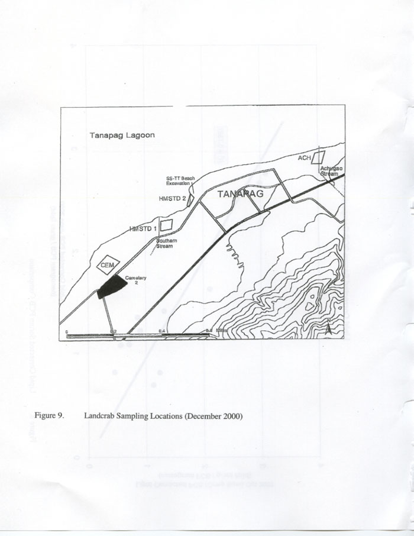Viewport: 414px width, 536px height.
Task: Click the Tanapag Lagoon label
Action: pyautogui.click(x=122, y=135)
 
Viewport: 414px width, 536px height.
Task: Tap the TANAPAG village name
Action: pyautogui.click(x=240, y=193)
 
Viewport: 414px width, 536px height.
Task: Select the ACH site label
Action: pyautogui.click(x=304, y=158)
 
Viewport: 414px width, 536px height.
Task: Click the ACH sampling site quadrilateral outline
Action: pyautogui.click(x=319, y=157)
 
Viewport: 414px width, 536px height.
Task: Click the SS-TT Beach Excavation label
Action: pyautogui.click(x=180, y=180)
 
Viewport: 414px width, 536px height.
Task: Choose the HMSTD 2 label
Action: pyautogui.click(x=173, y=199)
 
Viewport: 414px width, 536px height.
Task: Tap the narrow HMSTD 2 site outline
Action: pyautogui.click(x=192, y=199)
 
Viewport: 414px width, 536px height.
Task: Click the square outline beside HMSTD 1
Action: pyautogui.click(x=166, y=225)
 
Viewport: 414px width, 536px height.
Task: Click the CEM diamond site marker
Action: pyautogui.click(x=108, y=266)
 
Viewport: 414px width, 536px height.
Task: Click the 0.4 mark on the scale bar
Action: pyautogui.click(x=161, y=331)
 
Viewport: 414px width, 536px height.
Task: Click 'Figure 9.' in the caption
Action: pyautogui.click(x=48, y=416)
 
